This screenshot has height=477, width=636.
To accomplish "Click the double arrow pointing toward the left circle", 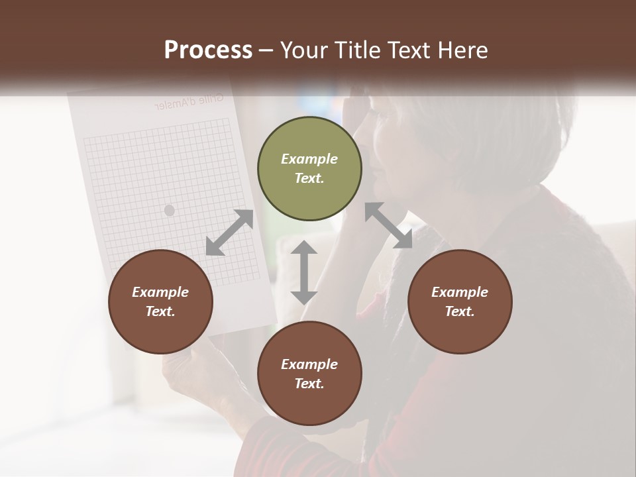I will (229, 233).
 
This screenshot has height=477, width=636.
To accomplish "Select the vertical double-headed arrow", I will (304, 272).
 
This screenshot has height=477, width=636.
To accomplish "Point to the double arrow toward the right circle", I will (389, 225).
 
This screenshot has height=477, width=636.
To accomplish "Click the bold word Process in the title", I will (208, 50).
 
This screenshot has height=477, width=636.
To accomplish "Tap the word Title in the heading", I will (357, 50).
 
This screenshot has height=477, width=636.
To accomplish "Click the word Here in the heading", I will (462, 50).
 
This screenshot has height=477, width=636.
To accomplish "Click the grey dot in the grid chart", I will (169, 210).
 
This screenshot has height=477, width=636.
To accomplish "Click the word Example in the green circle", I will (309, 159).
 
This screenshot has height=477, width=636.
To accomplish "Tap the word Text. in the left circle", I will (160, 311).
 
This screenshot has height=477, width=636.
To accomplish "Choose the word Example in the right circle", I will (460, 292).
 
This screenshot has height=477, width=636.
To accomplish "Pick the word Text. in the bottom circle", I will (309, 384).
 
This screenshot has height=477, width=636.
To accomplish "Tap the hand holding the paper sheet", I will (182, 371).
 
